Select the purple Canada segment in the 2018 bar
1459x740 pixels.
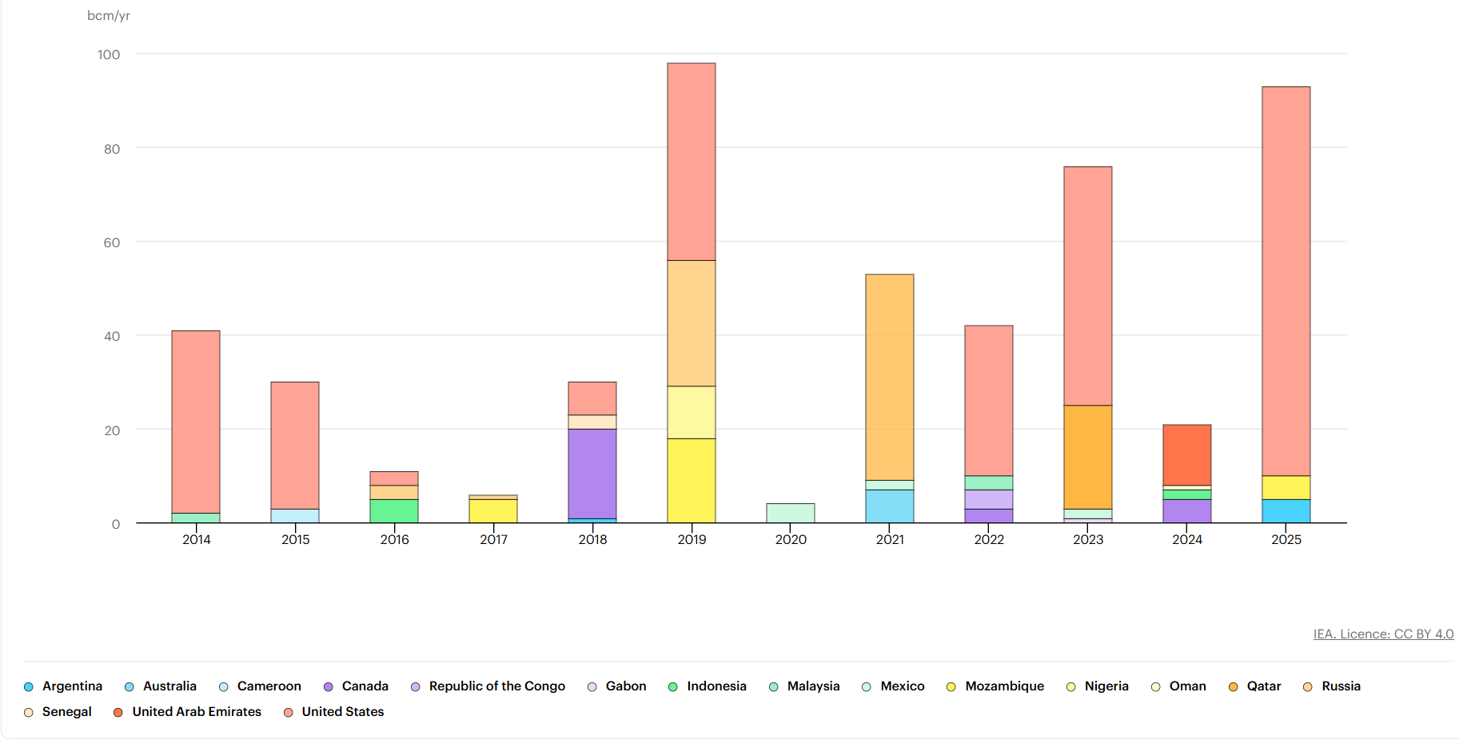[x=592, y=474]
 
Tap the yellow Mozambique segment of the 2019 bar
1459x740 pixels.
[x=692, y=480]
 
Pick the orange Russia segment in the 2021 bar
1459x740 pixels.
[x=890, y=377]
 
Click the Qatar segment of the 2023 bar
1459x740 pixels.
[x=1088, y=457]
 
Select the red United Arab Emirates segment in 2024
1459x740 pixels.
[x=1187, y=454]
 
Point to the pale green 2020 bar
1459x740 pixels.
[x=791, y=513]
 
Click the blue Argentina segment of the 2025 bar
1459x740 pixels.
[x=1286, y=511]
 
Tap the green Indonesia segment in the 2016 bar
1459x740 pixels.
[x=394, y=511]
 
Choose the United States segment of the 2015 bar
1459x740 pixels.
[x=295, y=445]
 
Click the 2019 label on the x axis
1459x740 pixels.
[x=692, y=540]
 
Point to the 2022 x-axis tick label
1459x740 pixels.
[x=989, y=540]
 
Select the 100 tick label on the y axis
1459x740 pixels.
[x=109, y=54]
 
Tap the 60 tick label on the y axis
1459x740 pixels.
[x=112, y=242]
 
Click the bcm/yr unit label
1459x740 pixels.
[x=109, y=16]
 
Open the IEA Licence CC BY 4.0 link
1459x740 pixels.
[x=1383, y=634]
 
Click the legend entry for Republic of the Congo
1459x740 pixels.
[x=496, y=686]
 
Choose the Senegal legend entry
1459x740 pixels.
[x=66, y=712]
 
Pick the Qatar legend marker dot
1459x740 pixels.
[x=1234, y=687]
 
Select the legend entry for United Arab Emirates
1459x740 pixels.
[x=196, y=712]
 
